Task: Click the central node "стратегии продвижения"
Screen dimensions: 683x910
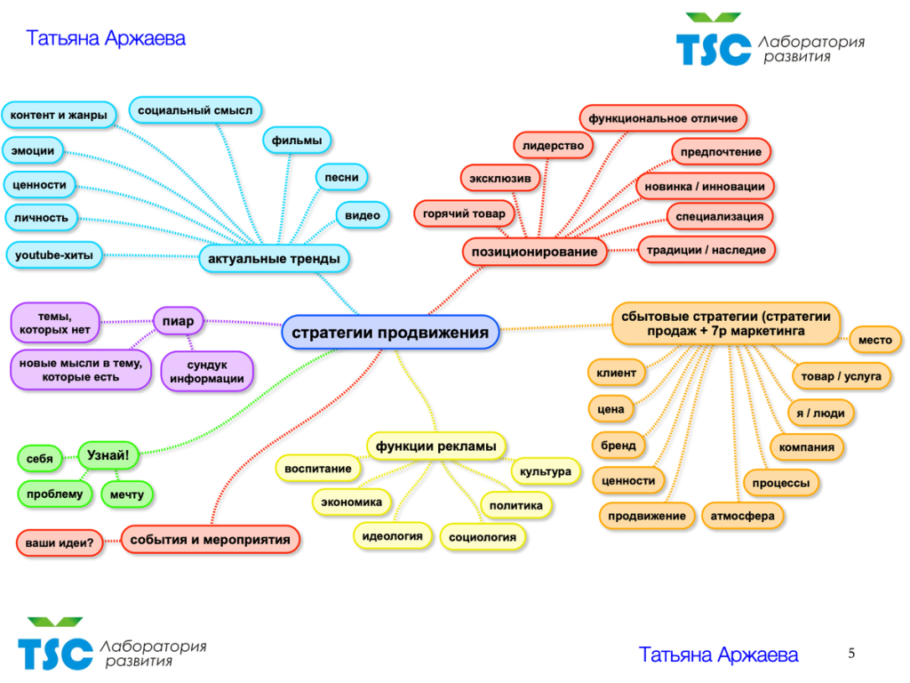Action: click(x=390, y=333)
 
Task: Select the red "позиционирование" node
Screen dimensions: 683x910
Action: click(x=534, y=252)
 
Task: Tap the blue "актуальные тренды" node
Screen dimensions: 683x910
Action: click(x=273, y=259)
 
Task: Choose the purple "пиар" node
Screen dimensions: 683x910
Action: click(x=178, y=320)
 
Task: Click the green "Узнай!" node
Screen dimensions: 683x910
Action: click(x=108, y=456)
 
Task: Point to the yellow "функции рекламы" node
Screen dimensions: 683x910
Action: click(x=435, y=446)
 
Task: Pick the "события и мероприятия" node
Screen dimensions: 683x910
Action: click(x=210, y=539)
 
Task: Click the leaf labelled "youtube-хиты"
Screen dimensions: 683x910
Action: click(x=53, y=255)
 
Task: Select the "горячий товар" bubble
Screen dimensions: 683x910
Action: click(x=464, y=213)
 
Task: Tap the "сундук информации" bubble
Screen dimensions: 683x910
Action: click(x=207, y=372)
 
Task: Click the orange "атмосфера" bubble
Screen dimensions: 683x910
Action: click(x=742, y=516)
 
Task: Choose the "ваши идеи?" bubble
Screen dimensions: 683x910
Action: click(x=59, y=542)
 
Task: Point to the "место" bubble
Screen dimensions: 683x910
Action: click(x=875, y=340)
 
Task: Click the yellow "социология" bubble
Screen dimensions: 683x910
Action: click(x=483, y=537)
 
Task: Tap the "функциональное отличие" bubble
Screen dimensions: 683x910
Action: click(x=663, y=117)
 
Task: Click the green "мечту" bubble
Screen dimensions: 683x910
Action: click(x=127, y=493)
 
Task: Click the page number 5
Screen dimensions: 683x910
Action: click(x=851, y=654)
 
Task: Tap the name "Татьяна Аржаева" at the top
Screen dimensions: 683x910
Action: click(x=106, y=38)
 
